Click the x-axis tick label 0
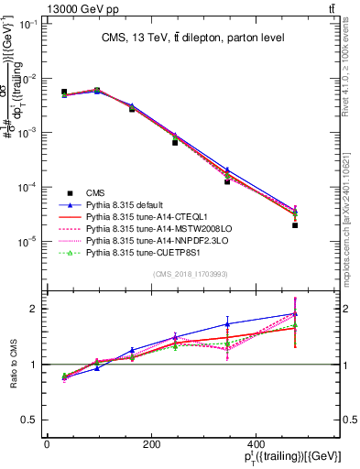pyautogui.click(x=47, y=442)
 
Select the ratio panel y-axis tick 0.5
pyautogui.click(x=31, y=420)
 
